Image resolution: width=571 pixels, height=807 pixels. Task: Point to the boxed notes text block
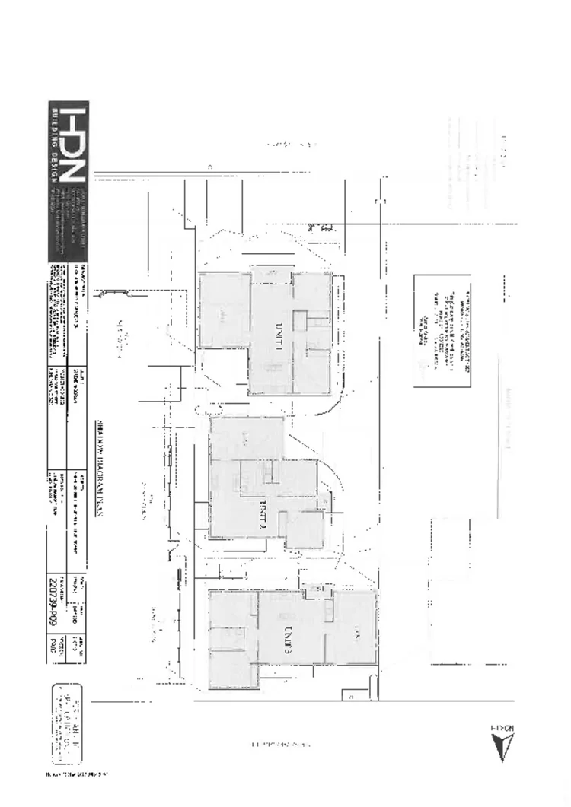point(442,331)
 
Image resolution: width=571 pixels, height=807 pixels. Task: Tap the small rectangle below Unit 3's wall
point(351,695)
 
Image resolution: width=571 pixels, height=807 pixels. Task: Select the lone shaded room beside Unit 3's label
point(356,627)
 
